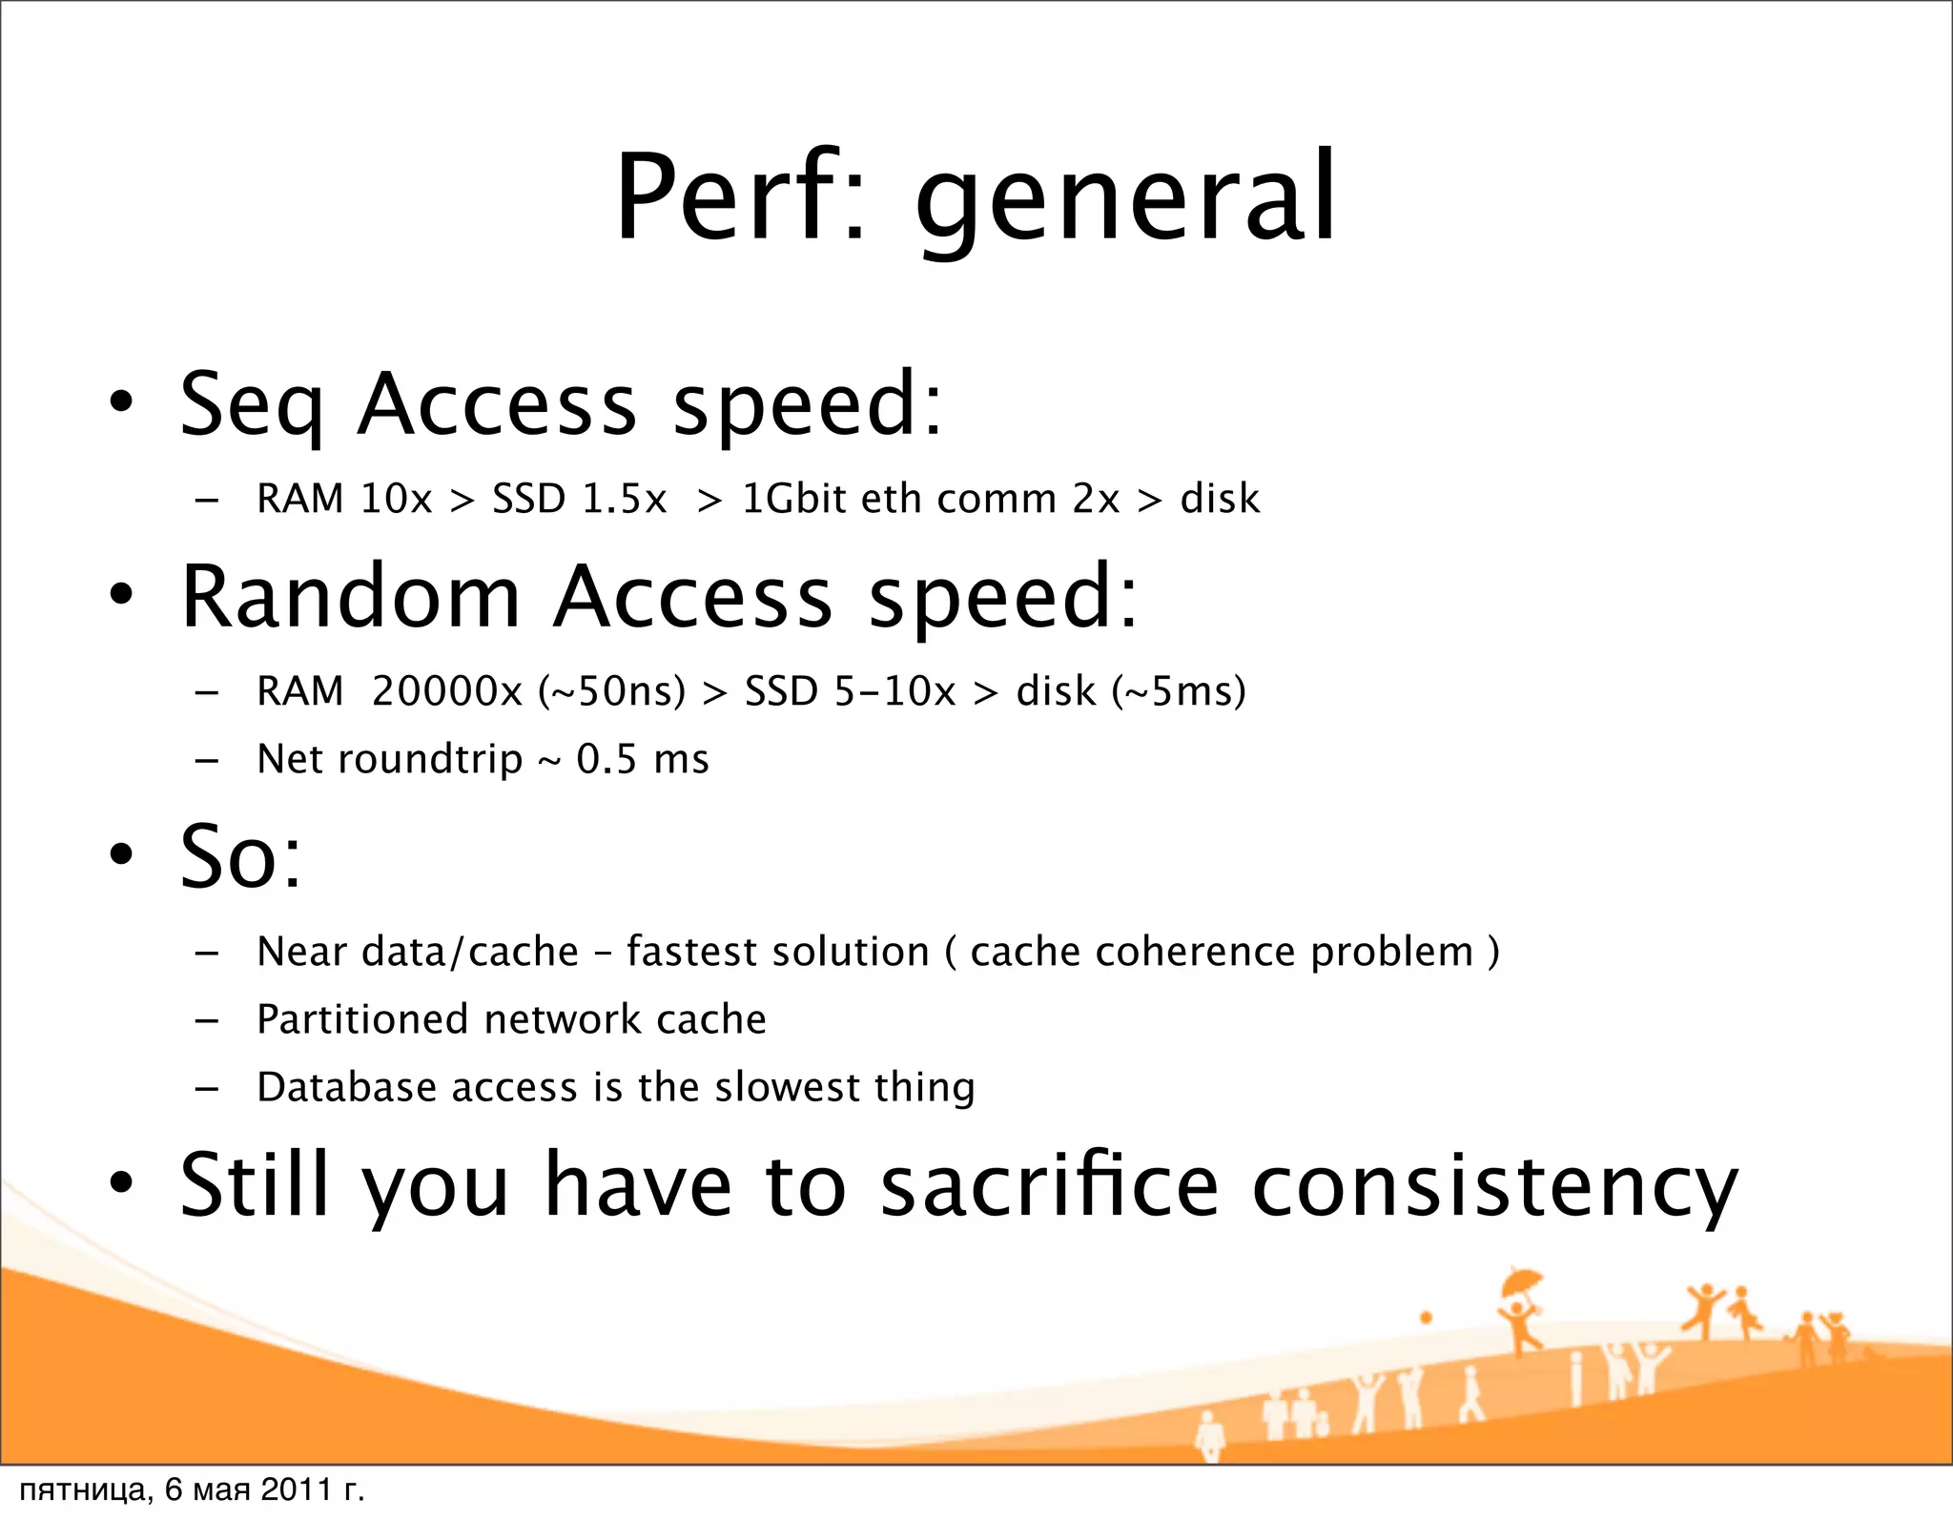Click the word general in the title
click(1125, 202)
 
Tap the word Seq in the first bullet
click(251, 405)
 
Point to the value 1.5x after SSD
click(624, 499)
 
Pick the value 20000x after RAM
click(447, 691)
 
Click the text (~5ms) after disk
click(1179, 691)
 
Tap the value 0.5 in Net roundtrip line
click(606, 759)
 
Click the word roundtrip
click(430, 760)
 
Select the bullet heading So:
click(241, 856)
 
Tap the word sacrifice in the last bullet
click(1049, 1185)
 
